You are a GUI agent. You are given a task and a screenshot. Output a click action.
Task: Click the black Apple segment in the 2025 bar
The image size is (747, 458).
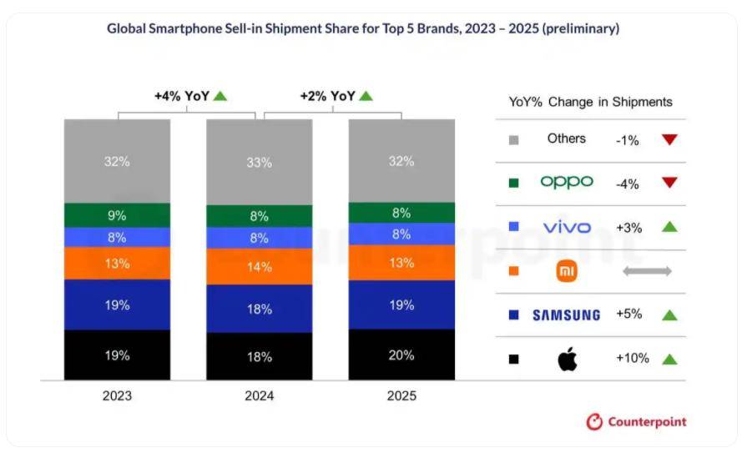tap(401, 355)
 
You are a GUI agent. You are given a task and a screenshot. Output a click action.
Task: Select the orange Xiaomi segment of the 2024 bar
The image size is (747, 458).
tap(260, 267)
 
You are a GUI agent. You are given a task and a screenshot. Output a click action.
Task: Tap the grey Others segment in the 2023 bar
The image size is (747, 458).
tap(118, 161)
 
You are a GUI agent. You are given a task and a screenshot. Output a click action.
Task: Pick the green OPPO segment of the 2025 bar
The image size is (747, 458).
tap(401, 213)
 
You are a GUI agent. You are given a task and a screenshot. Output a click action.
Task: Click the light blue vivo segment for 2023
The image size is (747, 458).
tap(118, 238)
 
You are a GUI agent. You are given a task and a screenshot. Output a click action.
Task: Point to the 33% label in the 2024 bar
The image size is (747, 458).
tap(260, 164)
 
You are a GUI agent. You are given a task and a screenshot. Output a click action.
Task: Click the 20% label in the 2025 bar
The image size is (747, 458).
tap(401, 355)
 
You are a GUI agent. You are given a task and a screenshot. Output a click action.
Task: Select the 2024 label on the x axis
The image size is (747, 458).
tap(260, 396)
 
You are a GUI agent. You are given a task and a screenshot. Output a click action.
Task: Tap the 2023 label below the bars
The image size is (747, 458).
tap(118, 396)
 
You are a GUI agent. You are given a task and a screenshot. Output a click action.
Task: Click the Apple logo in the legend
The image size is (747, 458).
tap(568, 360)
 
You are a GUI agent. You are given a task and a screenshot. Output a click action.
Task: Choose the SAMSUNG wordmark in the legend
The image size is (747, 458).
tap(567, 315)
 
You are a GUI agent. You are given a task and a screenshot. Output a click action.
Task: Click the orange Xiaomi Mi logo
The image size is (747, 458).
tap(568, 271)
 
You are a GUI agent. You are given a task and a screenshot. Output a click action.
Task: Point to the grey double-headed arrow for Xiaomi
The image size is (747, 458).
tap(647, 271)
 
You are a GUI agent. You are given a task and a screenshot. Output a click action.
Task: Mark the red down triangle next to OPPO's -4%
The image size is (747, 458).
tap(669, 183)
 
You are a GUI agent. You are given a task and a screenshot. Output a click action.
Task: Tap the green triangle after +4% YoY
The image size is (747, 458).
tap(220, 96)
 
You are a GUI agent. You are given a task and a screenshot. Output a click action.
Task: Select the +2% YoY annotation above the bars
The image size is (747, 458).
tap(327, 96)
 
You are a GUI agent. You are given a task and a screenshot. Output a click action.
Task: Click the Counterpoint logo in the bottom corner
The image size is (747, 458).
tap(636, 422)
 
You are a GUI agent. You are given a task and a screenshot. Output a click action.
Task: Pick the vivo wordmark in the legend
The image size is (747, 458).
tap(567, 227)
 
